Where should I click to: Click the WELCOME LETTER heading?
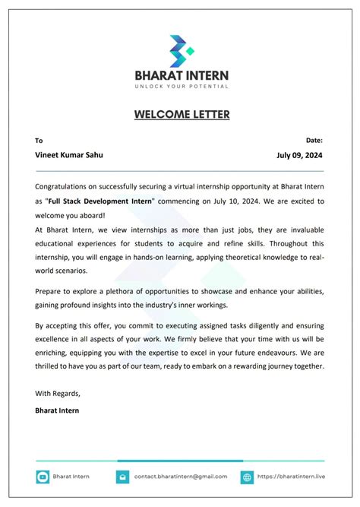[x=181, y=115]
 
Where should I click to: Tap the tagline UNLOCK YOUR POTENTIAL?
[x=181, y=87]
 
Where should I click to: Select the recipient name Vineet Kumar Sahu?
[x=69, y=154]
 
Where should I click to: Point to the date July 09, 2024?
[x=301, y=154]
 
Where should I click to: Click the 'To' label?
[x=39, y=141]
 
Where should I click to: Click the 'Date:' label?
[x=314, y=141]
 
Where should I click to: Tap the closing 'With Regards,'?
[x=58, y=394]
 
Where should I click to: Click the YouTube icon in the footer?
[x=43, y=477]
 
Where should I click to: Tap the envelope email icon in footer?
[x=122, y=477]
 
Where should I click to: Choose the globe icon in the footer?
[x=247, y=477]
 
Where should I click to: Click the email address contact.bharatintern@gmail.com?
[x=181, y=477]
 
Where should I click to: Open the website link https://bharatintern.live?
[x=290, y=477]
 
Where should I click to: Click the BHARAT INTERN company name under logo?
[x=181, y=76]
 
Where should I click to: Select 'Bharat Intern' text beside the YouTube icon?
[x=71, y=477]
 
